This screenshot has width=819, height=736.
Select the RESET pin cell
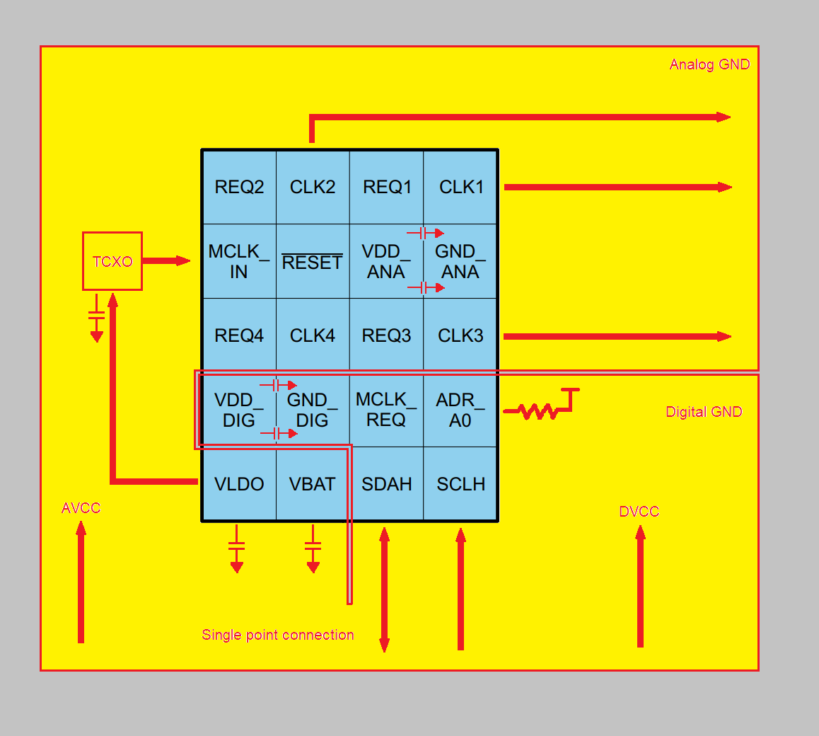click(313, 261)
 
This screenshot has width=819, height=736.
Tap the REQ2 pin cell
click(239, 187)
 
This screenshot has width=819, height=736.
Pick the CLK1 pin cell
click(460, 187)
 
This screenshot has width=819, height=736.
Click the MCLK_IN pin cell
click(239, 261)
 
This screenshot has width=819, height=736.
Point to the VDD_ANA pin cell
click(387, 261)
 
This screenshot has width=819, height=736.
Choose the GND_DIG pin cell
click(313, 409)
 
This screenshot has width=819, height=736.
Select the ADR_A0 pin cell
click(460, 409)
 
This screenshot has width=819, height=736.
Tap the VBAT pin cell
click(313, 483)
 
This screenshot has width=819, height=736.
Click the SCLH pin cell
click(460, 483)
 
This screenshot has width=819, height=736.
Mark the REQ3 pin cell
click(387, 335)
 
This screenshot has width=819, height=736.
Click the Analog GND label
click(709, 64)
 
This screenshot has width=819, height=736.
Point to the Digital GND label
click(704, 412)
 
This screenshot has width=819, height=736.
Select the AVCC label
click(81, 508)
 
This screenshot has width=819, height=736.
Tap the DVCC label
click(639, 511)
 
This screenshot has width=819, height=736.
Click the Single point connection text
click(278, 635)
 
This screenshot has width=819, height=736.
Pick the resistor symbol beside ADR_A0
click(538, 411)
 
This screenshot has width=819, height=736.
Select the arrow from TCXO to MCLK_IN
click(166, 260)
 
